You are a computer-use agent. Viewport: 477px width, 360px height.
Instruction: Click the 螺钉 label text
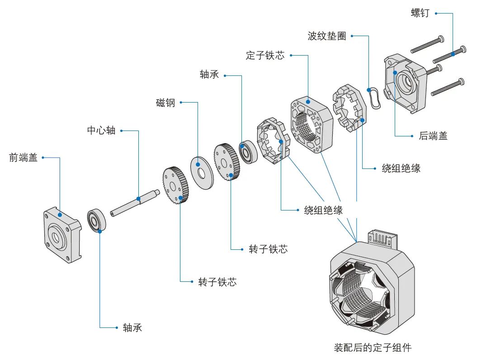[x=421, y=13]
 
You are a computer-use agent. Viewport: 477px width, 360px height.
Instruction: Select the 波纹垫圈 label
[x=326, y=36]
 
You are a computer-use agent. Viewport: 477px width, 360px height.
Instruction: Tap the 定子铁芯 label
[x=265, y=56]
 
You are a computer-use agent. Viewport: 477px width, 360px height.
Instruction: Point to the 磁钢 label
[x=165, y=103]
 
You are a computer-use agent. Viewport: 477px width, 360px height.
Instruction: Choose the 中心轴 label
[x=101, y=131]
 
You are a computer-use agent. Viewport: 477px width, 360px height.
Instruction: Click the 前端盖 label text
[x=24, y=158]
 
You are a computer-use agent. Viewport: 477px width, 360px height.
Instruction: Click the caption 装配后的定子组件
[x=373, y=348]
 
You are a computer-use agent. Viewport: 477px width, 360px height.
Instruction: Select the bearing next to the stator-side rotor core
[x=248, y=153]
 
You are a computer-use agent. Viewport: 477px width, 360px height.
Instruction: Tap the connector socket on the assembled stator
[x=382, y=238]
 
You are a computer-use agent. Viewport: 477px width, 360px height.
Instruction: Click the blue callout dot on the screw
[x=453, y=54]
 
